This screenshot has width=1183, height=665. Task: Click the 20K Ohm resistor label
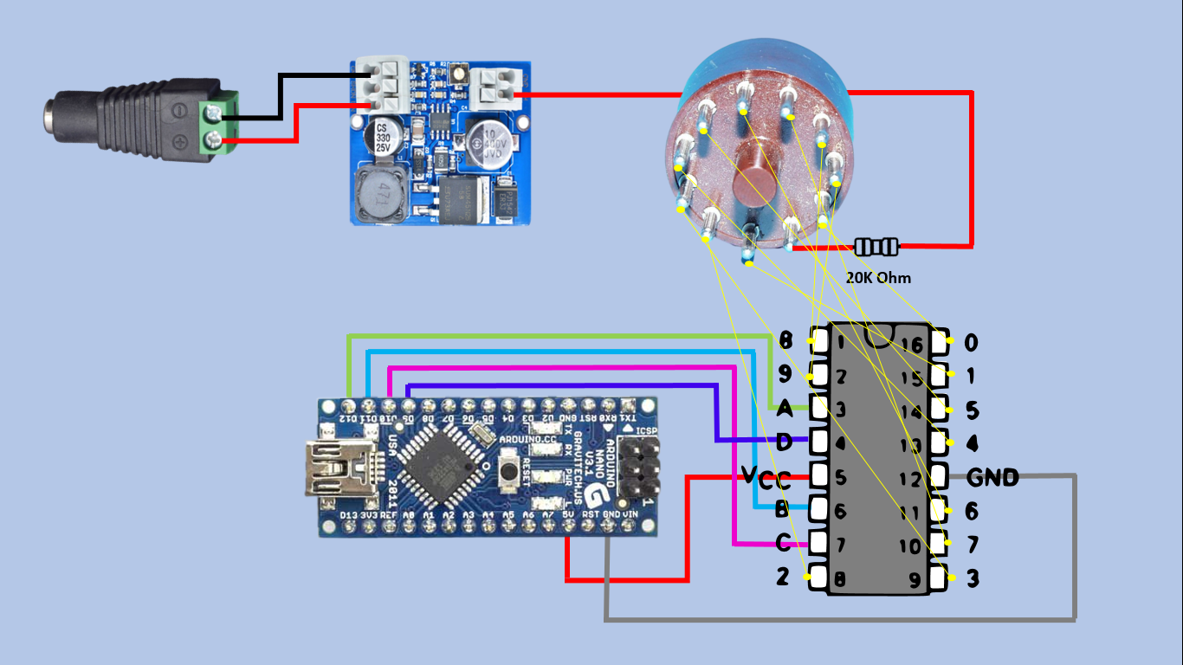[878, 278]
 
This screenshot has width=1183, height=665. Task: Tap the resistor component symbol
[876, 247]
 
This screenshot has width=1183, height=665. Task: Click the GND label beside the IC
[992, 477]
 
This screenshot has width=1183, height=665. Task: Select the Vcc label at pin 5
[766, 476]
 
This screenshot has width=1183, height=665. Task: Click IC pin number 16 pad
[940, 343]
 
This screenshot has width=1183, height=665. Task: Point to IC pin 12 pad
[940, 475]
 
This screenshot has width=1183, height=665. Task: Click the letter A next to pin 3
[784, 407]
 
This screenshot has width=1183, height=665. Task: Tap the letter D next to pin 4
[785, 442]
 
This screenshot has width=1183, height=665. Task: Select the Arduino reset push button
[509, 471]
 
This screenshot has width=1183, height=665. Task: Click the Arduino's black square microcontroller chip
[441, 468]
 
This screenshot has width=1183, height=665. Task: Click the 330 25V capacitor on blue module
[382, 139]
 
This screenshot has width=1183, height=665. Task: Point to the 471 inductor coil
[378, 196]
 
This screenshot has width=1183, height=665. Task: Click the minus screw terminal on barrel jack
[211, 111]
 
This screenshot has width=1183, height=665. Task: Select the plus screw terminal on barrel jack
[211, 141]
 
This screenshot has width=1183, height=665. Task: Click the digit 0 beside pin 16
[971, 343]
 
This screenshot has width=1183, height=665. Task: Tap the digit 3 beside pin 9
[972, 578]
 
